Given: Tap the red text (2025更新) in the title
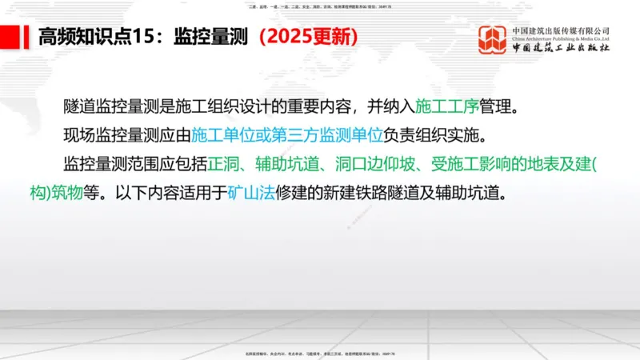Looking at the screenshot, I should (308, 38).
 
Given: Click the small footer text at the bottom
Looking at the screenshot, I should (319, 354).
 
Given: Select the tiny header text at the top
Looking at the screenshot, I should (319, 5).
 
